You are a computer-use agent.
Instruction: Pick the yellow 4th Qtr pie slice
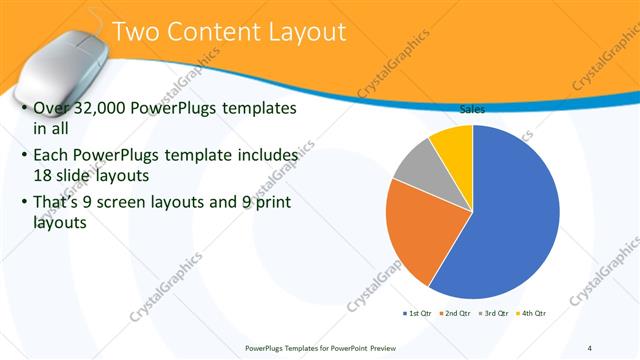453,142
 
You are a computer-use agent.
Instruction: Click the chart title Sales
472,110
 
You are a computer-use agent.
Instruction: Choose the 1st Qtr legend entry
419,313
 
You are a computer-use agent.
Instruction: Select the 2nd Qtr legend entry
455,313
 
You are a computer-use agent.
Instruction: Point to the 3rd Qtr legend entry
493,313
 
